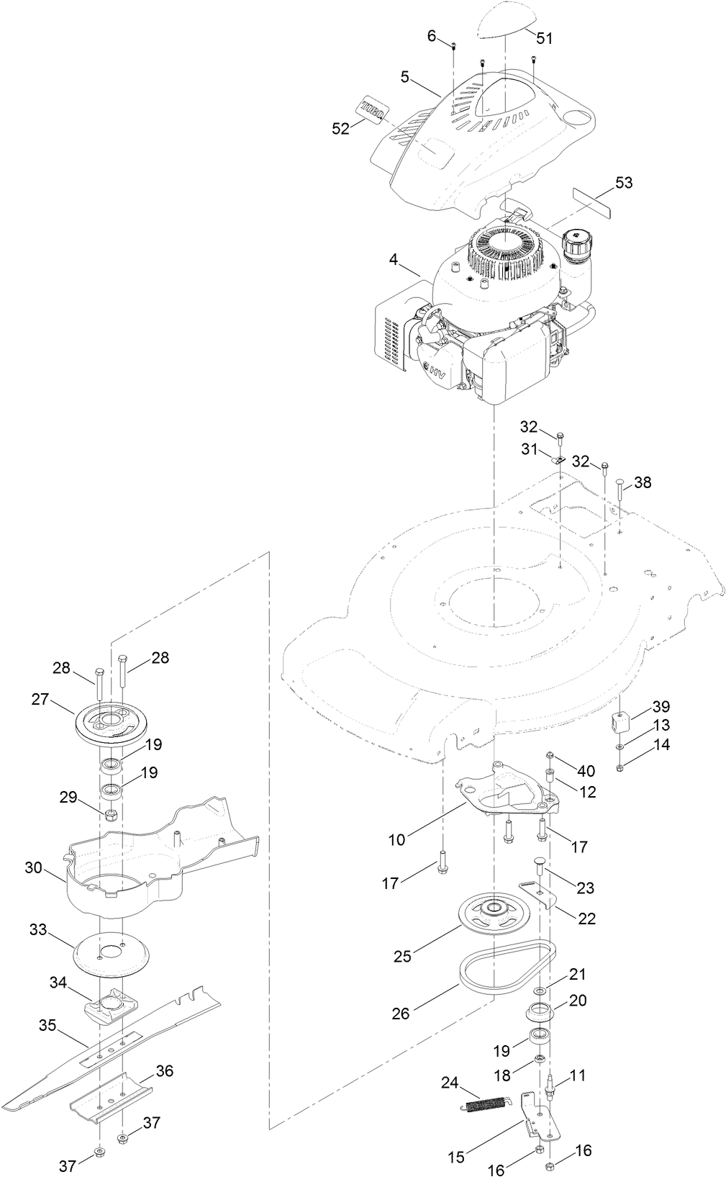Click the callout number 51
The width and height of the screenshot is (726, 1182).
[x=545, y=38]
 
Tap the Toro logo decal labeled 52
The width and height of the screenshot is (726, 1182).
[x=373, y=109]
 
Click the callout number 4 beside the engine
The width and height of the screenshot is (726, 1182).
[x=394, y=259]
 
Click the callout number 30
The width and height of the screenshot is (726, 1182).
[x=34, y=867]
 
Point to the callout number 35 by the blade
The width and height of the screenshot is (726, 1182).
[x=47, y=1026]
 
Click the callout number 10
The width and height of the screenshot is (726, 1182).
[x=396, y=839]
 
